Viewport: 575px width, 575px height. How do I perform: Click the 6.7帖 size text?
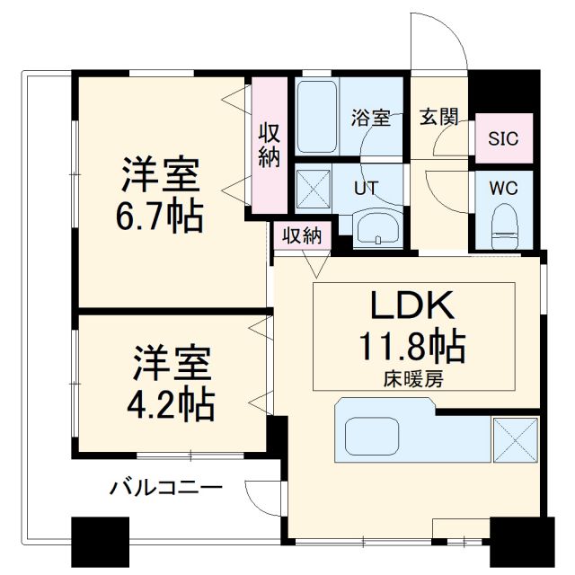pos(163,217)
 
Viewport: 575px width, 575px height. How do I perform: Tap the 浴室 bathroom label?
pos(370,118)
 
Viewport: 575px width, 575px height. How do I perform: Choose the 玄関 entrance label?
pos(439,117)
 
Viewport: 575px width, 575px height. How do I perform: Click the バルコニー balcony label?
pos(165,489)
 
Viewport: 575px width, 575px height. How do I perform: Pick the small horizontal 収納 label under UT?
pos(302,236)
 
